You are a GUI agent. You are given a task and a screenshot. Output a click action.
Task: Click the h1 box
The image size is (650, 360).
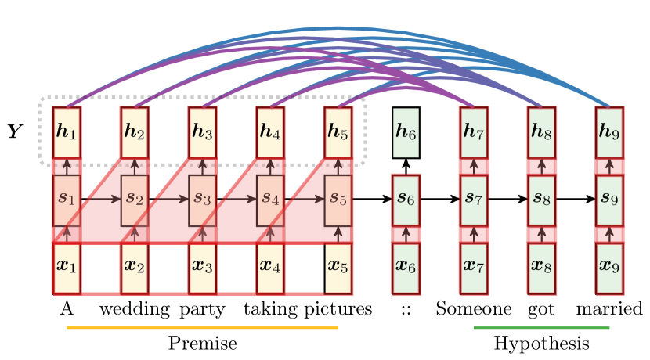tap(67, 131)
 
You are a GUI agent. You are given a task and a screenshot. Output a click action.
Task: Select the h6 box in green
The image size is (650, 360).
tap(406, 132)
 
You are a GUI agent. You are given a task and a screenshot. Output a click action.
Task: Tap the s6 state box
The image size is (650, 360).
tap(406, 200)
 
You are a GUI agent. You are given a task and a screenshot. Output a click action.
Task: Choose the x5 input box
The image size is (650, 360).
tap(338, 267)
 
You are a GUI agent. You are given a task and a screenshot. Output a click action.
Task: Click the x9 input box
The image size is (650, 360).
tap(609, 267)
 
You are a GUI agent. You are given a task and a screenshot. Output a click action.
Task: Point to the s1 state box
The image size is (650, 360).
tap(67, 200)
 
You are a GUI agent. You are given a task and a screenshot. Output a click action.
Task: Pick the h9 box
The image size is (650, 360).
tap(609, 131)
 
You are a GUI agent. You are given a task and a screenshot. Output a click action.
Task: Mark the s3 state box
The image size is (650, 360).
tap(202, 200)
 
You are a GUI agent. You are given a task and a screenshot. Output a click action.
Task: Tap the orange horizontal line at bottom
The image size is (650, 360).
tap(202, 328)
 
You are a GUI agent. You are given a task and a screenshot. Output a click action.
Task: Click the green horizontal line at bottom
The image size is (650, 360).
tap(542, 328)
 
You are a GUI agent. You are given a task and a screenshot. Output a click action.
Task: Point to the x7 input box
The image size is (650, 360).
tap(474, 267)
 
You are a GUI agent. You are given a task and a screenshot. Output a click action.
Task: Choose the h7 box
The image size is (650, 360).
tap(474, 131)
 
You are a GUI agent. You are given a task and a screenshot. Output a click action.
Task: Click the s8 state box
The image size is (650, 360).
tap(542, 200)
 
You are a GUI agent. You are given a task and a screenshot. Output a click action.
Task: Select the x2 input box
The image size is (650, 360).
tap(135, 267)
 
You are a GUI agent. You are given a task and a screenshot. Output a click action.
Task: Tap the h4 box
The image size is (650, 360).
tap(270, 131)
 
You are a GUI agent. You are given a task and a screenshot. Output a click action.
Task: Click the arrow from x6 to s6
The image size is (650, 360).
tap(406, 234)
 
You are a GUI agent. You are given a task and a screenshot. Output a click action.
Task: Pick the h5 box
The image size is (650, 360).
tap(338, 131)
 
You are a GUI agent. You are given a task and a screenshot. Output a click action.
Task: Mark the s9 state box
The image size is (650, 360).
tap(609, 200)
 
